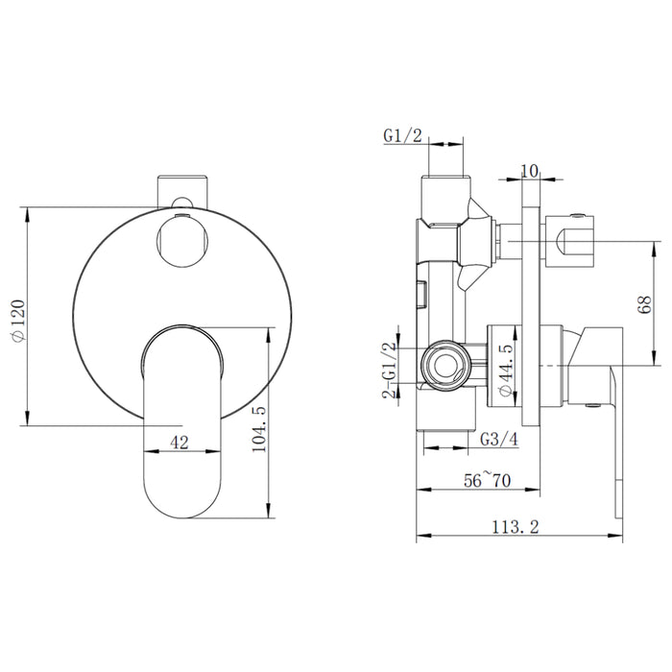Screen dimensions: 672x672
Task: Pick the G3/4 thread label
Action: click(x=498, y=439)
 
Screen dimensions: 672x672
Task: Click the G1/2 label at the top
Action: click(x=402, y=136)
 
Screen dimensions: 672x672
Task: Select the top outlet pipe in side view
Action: click(x=444, y=197)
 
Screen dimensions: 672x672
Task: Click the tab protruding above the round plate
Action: click(x=182, y=187)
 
